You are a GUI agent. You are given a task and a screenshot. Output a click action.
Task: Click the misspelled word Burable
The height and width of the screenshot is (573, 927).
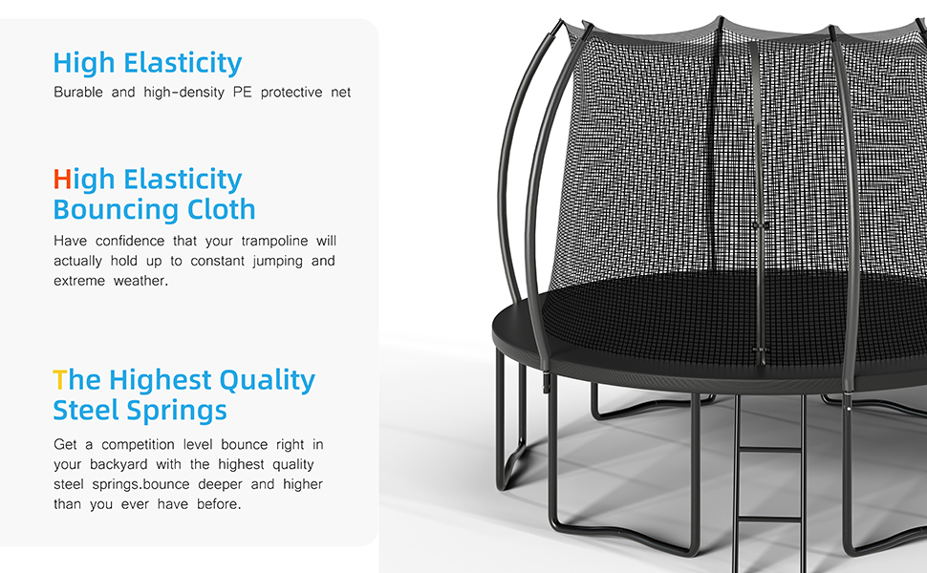pos(78,92)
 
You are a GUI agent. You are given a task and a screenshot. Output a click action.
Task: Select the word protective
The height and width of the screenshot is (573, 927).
pos(291,93)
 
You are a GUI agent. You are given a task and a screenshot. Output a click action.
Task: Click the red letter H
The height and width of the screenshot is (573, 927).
pos(62,179)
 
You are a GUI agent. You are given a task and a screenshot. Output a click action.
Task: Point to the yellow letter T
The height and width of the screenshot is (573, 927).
pos(59,380)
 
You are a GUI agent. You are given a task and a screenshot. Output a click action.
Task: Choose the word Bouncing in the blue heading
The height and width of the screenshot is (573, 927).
pos(116,210)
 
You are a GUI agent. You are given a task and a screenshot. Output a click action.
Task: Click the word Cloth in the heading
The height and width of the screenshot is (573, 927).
pos(221,209)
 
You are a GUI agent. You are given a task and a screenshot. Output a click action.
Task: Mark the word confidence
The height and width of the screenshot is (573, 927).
pos(130,241)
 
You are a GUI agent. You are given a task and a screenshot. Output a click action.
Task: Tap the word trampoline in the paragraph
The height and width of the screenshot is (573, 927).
pos(274,242)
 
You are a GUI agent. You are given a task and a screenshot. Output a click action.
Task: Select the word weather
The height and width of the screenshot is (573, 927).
pos(140,281)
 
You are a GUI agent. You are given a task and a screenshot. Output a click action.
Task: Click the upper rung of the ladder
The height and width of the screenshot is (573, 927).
pos(768,450)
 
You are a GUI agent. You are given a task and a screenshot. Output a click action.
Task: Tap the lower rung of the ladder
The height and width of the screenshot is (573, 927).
pos(768,520)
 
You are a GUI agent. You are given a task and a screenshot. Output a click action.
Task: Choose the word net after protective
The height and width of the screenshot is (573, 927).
pos(341,93)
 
